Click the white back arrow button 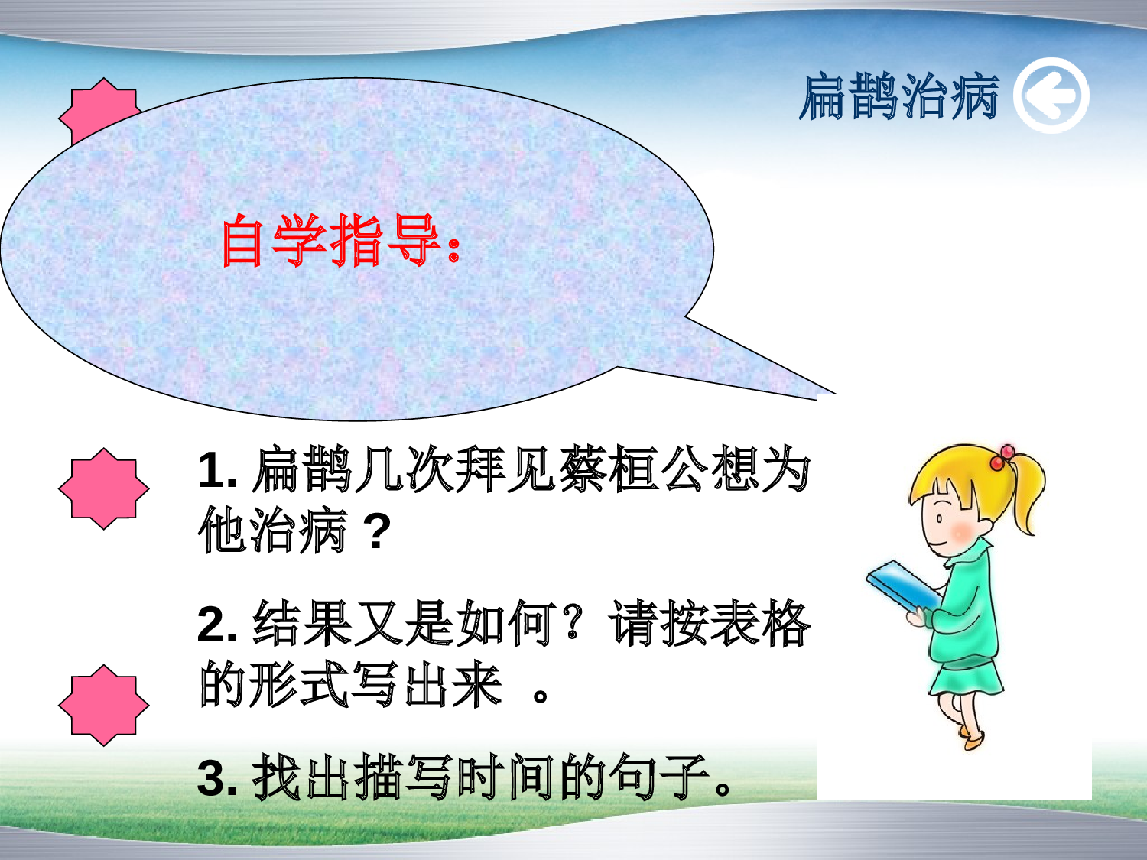(x=1051, y=96)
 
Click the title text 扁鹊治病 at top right (x=899, y=97)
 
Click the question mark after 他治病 (x=376, y=531)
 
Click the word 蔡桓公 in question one (x=635, y=469)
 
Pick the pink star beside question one (x=103, y=488)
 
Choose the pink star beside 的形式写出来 (x=103, y=705)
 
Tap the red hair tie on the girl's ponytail (x=1002, y=458)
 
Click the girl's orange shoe (x=973, y=740)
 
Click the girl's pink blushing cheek (x=961, y=530)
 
